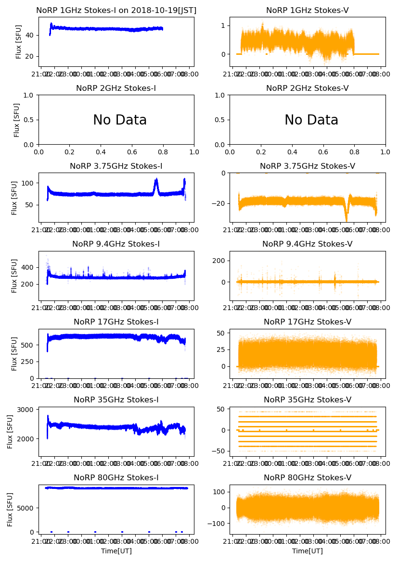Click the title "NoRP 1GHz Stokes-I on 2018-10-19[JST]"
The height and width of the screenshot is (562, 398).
click(x=116, y=10)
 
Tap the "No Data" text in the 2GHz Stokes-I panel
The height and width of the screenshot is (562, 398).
click(x=120, y=120)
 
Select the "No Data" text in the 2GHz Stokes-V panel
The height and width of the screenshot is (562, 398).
click(x=311, y=120)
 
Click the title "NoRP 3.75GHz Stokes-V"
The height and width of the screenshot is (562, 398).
click(x=308, y=166)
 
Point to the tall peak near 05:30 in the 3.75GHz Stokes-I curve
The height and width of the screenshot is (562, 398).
click(x=156, y=181)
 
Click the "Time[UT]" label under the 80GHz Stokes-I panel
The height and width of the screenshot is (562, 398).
click(x=116, y=551)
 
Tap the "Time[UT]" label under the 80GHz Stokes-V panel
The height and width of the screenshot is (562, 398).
click(x=308, y=551)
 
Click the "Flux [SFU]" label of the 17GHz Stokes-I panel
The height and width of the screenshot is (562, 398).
click(x=14, y=354)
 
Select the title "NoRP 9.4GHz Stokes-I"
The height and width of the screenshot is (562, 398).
click(x=116, y=244)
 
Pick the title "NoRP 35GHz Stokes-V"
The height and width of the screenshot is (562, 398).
click(x=308, y=400)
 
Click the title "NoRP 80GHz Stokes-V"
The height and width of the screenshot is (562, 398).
click(x=308, y=477)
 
